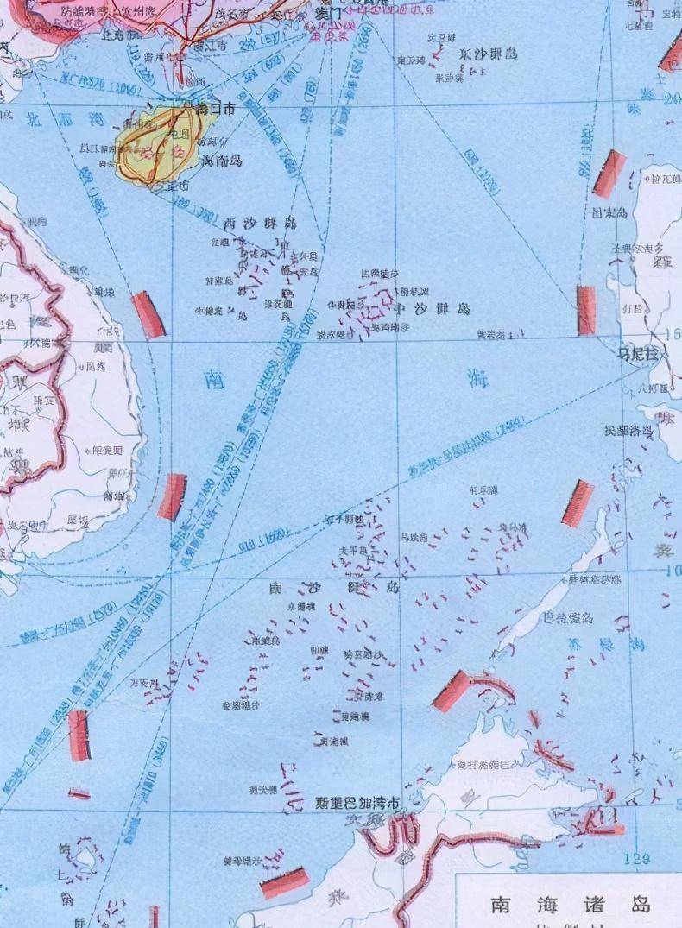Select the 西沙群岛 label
260,223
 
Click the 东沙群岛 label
489,54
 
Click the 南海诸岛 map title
569,904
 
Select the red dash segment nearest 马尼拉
587,311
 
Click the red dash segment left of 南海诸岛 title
285,882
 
